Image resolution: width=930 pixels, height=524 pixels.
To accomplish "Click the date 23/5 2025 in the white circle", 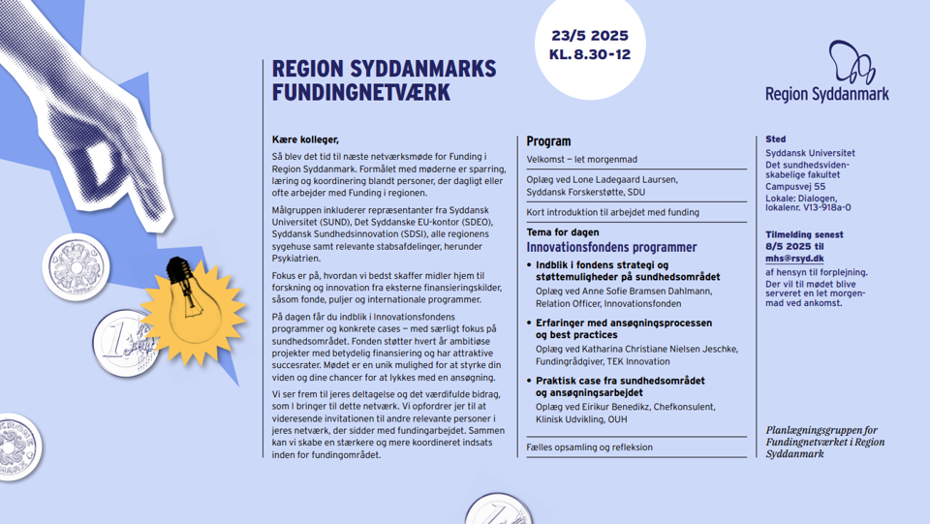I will click(x=589, y=36).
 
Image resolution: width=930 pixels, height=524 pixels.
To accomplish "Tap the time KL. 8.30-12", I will click(x=589, y=55).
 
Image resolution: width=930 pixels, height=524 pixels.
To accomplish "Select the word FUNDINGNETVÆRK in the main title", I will click(x=361, y=92).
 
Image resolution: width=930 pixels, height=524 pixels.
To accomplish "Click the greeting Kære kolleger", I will click(x=305, y=140).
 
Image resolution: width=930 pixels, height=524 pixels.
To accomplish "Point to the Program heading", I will click(x=548, y=141).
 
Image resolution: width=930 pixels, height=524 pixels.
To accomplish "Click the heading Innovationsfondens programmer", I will click(x=611, y=247).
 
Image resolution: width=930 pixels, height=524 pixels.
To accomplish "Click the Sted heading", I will click(x=775, y=139).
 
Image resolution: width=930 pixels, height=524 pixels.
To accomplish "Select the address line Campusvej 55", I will click(x=795, y=186).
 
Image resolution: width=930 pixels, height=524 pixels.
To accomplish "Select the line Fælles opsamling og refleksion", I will click(x=589, y=447).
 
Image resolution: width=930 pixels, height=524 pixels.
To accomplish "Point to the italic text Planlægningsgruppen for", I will click(x=821, y=430).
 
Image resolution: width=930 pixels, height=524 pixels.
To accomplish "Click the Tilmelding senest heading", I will click(x=804, y=234).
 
